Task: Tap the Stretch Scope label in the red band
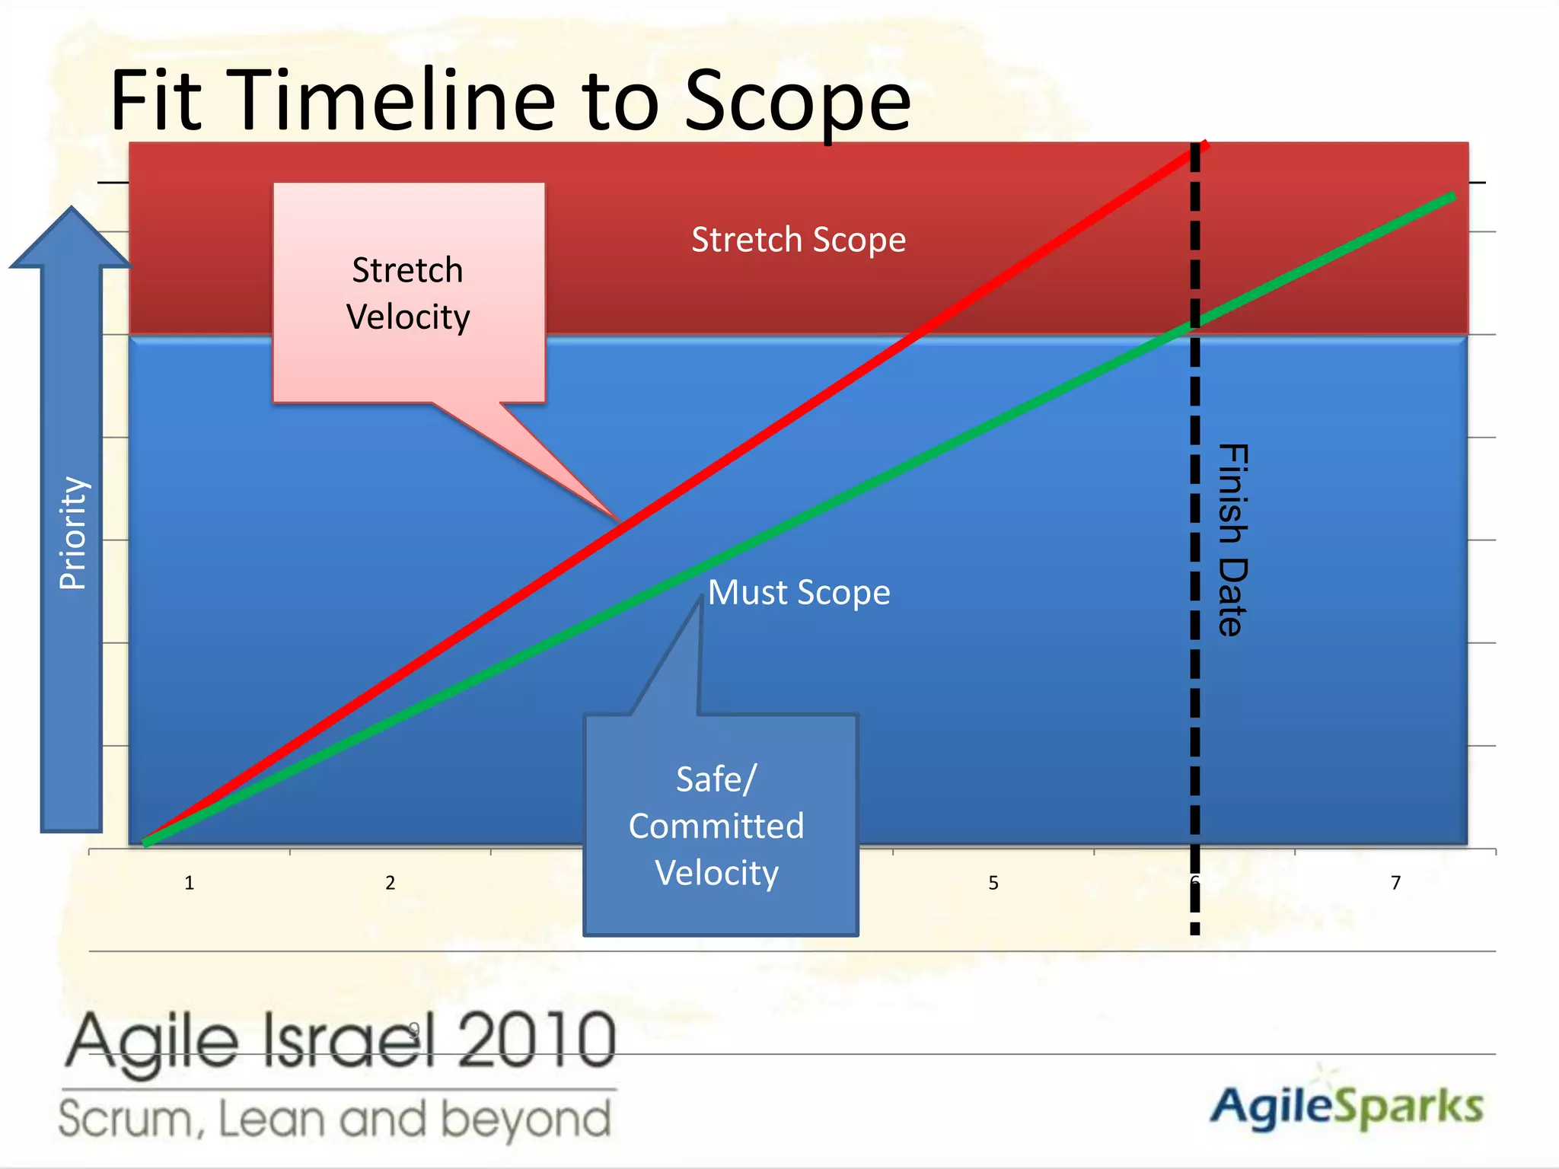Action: (x=798, y=240)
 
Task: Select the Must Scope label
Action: (x=798, y=592)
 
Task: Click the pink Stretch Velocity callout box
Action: (x=409, y=293)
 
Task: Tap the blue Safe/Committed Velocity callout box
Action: (x=720, y=826)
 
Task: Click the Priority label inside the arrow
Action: (x=73, y=533)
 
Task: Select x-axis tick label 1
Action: (x=189, y=883)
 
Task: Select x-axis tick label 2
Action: (x=390, y=883)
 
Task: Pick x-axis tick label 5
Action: (x=993, y=883)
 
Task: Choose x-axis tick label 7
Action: (x=1395, y=883)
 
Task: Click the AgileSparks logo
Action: (x=1346, y=1106)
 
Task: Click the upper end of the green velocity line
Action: (x=1452, y=196)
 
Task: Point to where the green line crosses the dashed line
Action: (x=1195, y=324)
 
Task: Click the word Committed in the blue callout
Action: (x=716, y=826)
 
